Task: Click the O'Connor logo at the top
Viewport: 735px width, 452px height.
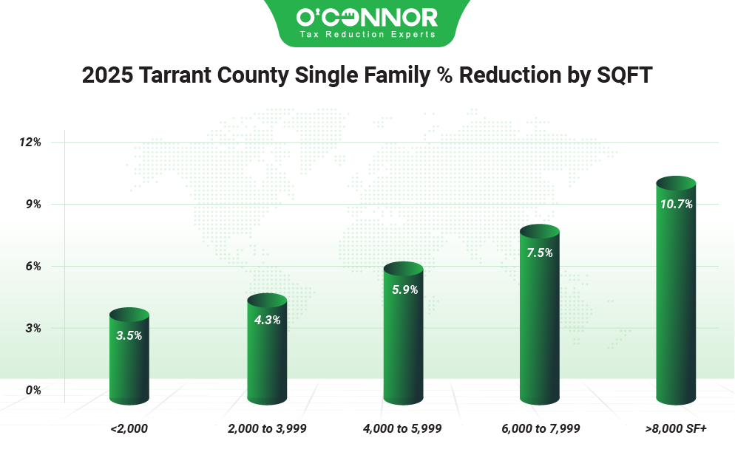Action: click(x=367, y=16)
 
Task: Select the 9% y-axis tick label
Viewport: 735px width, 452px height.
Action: click(x=33, y=204)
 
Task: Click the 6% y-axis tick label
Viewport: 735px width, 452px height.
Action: click(x=33, y=266)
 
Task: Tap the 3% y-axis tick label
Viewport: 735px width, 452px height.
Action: click(x=33, y=328)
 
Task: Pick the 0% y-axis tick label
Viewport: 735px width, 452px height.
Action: click(x=33, y=390)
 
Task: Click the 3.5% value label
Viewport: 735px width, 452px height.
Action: click(x=129, y=335)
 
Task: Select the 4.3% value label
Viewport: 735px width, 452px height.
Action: click(x=267, y=321)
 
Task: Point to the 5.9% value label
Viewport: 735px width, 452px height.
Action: click(x=404, y=290)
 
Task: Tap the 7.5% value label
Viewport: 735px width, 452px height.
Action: click(x=540, y=252)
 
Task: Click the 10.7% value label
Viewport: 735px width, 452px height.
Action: click(x=676, y=204)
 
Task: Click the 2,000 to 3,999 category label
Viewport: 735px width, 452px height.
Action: click(x=267, y=428)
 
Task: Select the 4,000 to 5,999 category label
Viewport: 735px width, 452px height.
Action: click(x=403, y=428)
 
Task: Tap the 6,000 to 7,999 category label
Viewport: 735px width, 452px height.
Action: click(x=540, y=428)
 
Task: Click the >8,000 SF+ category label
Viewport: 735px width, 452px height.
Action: click(x=676, y=428)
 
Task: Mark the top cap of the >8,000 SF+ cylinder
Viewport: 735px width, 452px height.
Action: click(x=676, y=183)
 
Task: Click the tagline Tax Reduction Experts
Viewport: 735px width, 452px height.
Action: click(x=367, y=34)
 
